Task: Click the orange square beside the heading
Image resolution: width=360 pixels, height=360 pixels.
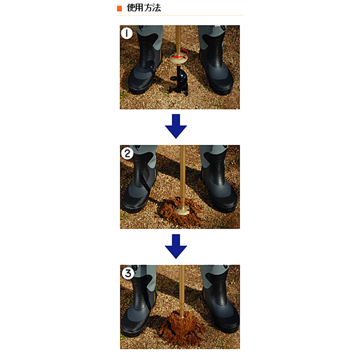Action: coord(119,8)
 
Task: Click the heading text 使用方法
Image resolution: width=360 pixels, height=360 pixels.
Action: coord(144,8)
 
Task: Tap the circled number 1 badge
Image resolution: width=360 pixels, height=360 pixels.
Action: coord(126,33)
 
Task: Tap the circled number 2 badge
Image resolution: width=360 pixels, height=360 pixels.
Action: coord(127,153)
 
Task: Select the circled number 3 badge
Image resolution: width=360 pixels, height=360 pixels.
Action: coord(128,273)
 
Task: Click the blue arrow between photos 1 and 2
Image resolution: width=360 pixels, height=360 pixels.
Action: coord(176,126)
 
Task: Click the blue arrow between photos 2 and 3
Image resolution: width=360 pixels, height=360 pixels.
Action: coord(176,246)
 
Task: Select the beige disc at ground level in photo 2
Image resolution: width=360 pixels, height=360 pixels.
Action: coord(181,210)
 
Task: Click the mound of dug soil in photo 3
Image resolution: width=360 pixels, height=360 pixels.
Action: coord(181,327)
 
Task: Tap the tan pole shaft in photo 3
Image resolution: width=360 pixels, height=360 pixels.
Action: coord(182,290)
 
